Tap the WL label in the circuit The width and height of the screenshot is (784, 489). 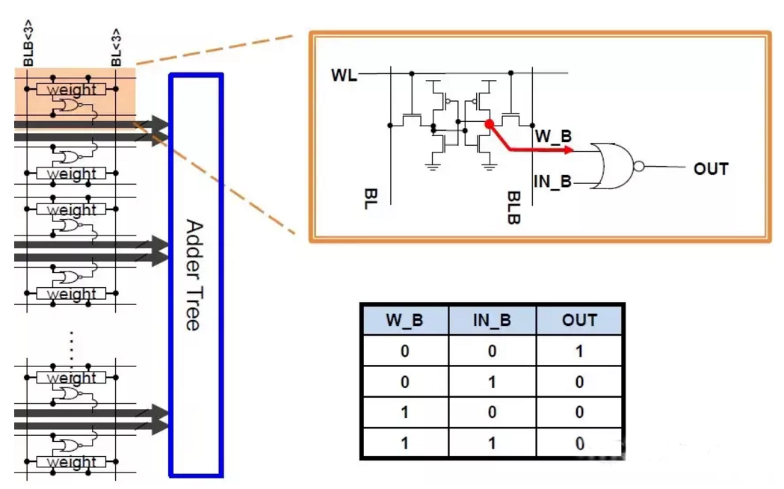coord(344,75)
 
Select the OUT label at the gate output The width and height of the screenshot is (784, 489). coord(710,169)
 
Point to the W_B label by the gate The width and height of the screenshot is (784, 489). coord(553,137)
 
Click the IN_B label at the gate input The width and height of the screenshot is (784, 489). coord(553,180)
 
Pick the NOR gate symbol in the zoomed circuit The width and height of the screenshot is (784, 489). coord(613,166)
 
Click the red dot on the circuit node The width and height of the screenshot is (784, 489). coord(488,123)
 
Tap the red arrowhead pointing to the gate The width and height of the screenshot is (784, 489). coord(570,150)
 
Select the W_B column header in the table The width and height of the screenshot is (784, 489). coord(404,321)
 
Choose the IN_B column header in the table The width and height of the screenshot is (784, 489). coord(492,321)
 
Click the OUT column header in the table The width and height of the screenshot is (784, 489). coord(579,321)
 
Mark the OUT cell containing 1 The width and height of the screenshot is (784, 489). coord(579,351)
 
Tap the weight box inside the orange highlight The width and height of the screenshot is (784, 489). coord(72,90)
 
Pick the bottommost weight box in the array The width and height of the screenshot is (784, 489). coord(72,462)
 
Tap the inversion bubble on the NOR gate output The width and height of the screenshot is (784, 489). coord(638,167)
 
